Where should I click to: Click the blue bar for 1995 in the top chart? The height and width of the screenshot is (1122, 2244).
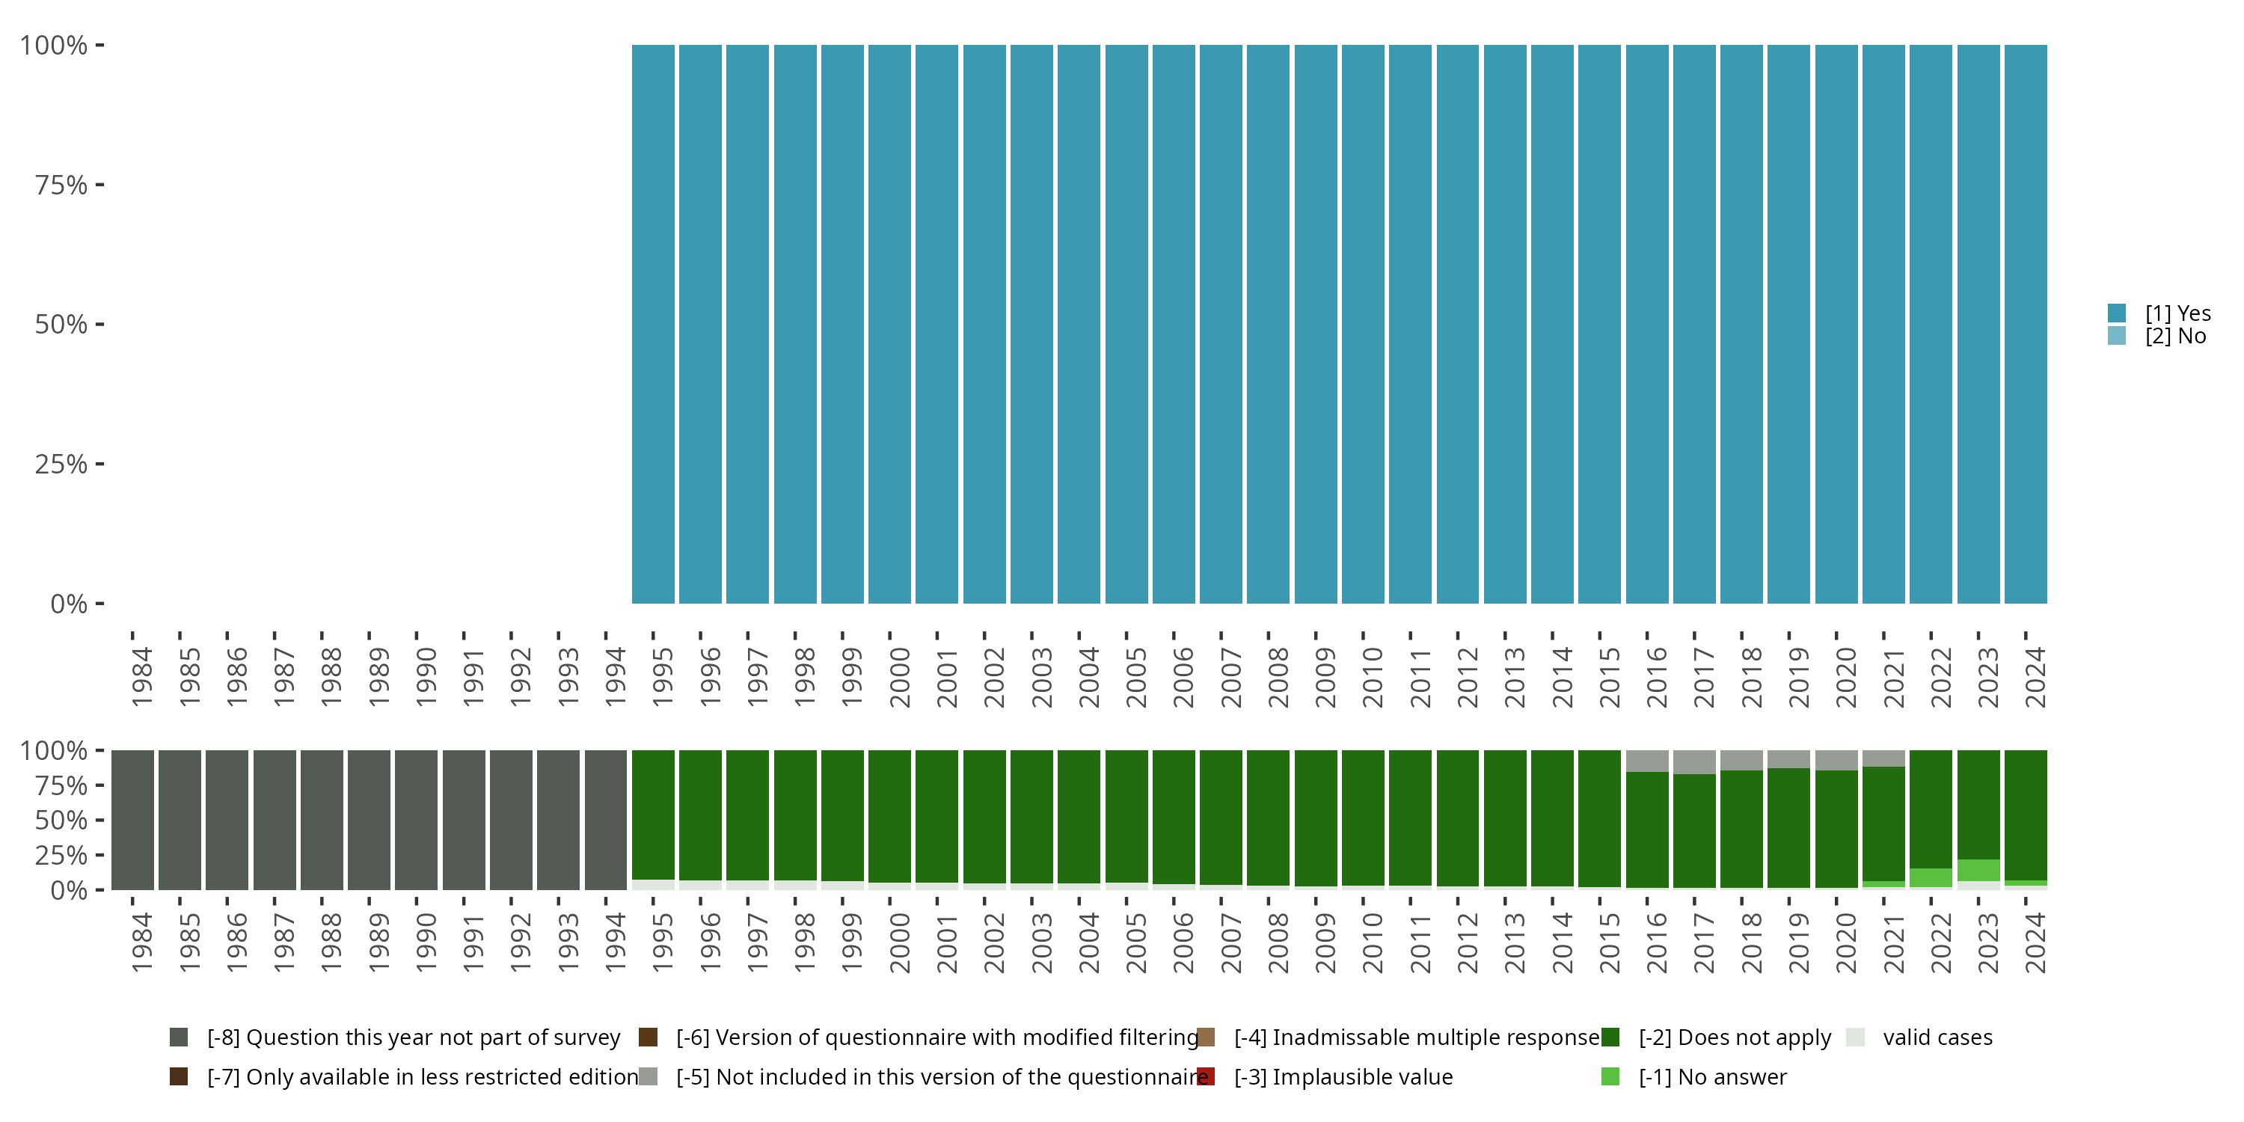pyautogui.click(x=652, y=324)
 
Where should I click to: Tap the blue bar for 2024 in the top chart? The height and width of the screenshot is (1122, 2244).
pyautogui.click(x=2026, y=324)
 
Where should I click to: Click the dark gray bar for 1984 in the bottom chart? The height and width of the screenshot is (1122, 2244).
pyautogui.click(x=132, y=820)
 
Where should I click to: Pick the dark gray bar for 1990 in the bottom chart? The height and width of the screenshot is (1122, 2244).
pyautogui.click(x=417, y=820)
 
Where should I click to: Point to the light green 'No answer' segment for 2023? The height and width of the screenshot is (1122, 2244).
pyautogui.click(x=1978, y=870)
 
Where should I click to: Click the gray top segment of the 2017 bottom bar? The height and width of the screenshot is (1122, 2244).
pyautogui.click(x=1694, y=762)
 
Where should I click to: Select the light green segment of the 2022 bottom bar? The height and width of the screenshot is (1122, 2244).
pyautogui.click(x=1931, y=878)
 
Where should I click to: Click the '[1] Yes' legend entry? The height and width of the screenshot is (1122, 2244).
pyautogui.click(x=2160, y=313)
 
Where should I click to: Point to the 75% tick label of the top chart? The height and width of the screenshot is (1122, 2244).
pyautogui.click(x=61, y=185)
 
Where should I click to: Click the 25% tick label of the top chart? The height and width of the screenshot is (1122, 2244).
pyautogui.click(x=61, y=464)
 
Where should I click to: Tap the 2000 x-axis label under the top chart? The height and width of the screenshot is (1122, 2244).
pyautogui.click(x=899, y=677)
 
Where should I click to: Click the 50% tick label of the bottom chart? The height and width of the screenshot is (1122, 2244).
pyautogui.click(x=61, y=821)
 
